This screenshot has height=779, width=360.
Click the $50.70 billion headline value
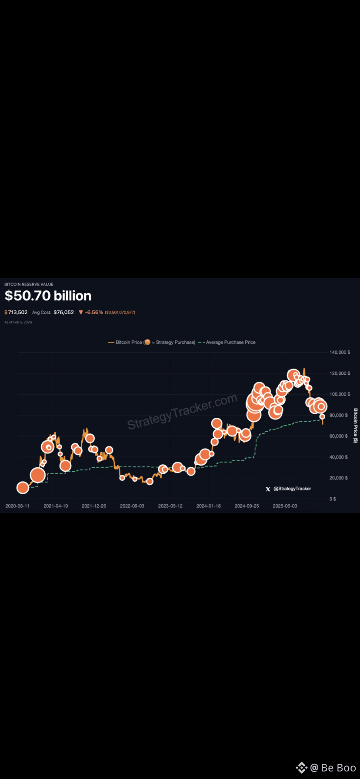click(x=48, y=296)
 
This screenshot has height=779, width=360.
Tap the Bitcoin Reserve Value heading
click(x=29, y=284)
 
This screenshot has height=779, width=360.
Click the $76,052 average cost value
click(x=63, y=312)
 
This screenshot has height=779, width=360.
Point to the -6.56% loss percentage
click(x=93, y=312)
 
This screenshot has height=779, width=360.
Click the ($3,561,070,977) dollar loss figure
click(x=120, y=313)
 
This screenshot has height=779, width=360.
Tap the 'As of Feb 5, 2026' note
click(x=18, y=322)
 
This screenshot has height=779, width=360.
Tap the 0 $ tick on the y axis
click(x=333, y=499)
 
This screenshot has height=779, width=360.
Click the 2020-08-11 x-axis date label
click(x=17, y=506)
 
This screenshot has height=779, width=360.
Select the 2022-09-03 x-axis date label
click(x=132, y=506)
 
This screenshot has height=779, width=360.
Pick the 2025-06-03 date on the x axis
click(x=285, y=506)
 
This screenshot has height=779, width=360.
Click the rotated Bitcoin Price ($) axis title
click(x=356, y=425)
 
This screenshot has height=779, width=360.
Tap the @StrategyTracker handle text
click(x=292, y=489)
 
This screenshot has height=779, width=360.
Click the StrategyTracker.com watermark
click(x=182, y=411)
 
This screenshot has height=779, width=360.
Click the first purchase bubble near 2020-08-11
click(x=23, y=488)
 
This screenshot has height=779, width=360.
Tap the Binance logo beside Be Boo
click(x=301, y=768)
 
